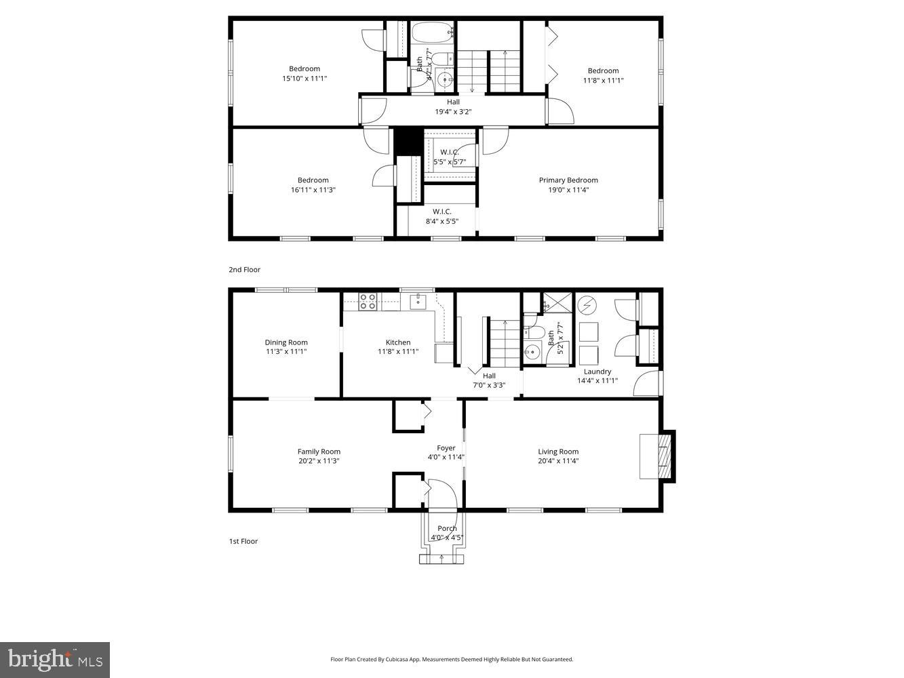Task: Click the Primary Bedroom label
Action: [568, 180]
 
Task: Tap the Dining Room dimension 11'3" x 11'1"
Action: [286, 352]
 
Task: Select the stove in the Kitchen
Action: [368, 302]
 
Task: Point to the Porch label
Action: [447, 529]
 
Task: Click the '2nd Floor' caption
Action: [244, 270]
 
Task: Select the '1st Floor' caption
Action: [243, 542]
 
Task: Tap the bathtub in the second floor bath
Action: [432, 31]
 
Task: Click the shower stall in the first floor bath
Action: [557, 302]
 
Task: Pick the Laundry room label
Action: [597, 372]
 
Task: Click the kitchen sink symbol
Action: [417, 301]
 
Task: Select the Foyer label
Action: [446, 448]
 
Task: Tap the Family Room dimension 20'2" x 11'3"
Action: [319, 461]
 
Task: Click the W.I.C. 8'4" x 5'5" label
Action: [441, 212]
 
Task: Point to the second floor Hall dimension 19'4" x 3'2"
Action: [453, 112]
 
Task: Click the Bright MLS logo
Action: [55, 659]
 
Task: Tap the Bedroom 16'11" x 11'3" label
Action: [313, 180]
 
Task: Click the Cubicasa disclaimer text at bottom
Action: [452, 659]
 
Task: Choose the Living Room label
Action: [558, 452]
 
